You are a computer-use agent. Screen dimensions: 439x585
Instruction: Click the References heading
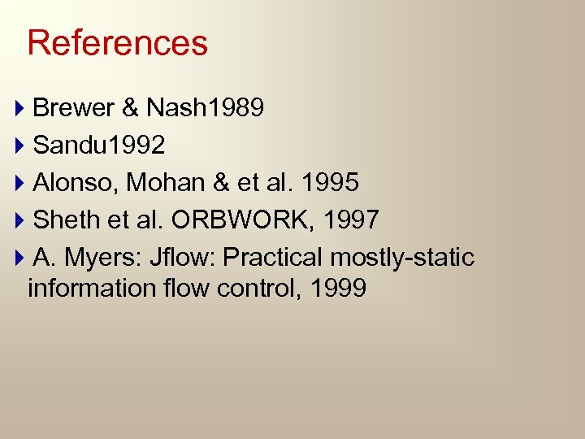118,43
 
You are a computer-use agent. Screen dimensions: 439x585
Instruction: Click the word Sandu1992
99,146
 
